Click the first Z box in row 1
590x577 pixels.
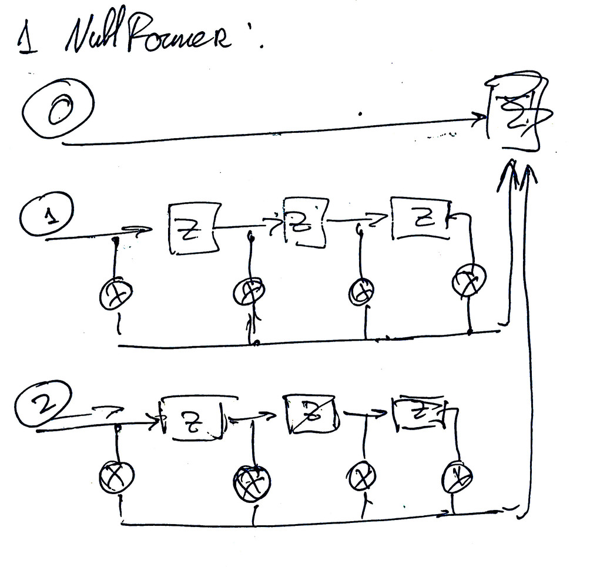[x=193, y=229]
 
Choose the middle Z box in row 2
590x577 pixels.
[x=311, y=414]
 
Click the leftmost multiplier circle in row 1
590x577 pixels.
[x=116, y=294]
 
